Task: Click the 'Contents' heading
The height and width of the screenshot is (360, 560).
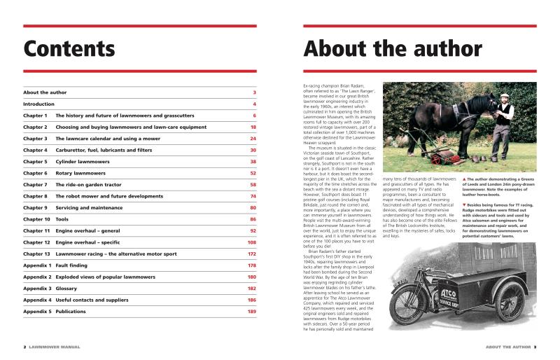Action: coord(69,49)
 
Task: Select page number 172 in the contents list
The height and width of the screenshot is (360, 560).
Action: coord(251,254)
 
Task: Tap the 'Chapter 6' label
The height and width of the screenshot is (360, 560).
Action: coord(35,173)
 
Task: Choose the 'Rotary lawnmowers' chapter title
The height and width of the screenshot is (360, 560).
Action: coord(80,173)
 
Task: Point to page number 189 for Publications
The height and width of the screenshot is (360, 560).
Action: coord(251,311)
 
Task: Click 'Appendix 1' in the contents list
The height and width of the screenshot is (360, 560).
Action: coord(37,265)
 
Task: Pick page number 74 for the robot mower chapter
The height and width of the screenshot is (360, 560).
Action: coord(253,196)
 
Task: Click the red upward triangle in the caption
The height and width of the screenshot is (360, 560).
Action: coord(463,179)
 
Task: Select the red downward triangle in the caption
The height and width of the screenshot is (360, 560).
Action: coord(463,203)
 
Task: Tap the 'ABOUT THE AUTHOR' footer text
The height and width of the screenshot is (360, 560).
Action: coord(507,347)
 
